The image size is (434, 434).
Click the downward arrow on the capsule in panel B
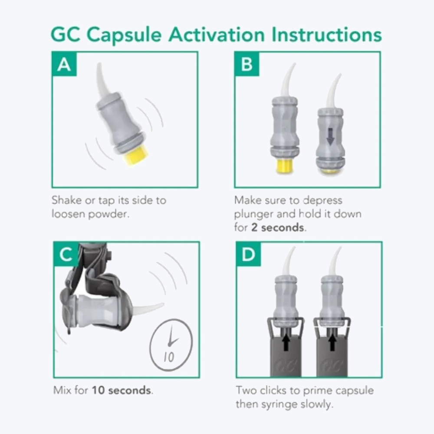[x=331, y=138]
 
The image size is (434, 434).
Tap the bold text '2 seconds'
[x=278, y=227]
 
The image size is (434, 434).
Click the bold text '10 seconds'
[x=122, y=390]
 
